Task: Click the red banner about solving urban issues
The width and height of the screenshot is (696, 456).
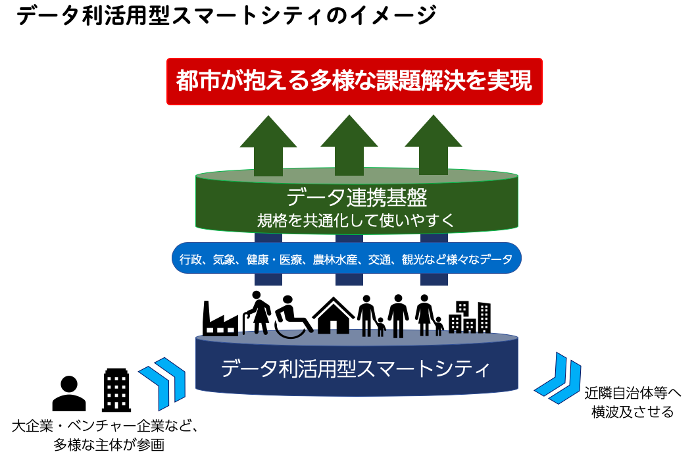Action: tap(354, 82)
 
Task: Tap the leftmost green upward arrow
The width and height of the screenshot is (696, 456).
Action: tap(268, 145)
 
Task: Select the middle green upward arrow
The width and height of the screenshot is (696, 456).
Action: tap(349, 145)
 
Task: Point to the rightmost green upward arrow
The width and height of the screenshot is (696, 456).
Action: tap(434, 145)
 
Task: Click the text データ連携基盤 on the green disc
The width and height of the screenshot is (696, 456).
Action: tap(357, 197)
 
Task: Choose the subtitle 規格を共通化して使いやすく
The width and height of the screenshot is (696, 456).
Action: tap(357, 220)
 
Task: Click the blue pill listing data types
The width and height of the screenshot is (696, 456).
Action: tap(346, 258)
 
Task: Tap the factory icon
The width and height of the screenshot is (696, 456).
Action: tap(220, 318)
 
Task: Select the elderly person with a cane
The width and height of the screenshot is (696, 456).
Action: tap(257, 313)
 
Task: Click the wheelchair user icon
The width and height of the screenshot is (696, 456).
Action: tap(293, 317)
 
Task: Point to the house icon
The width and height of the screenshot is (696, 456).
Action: tap(334, 315)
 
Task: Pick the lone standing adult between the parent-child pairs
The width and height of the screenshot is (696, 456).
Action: tap(398, 316)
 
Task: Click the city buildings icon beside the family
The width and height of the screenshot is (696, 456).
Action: tap(470, 317)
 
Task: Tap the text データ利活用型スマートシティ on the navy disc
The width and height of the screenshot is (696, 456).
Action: tap(355, 368)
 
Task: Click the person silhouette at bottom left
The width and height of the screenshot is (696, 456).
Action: tap(69, 393)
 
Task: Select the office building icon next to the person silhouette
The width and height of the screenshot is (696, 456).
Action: tap(116, 390)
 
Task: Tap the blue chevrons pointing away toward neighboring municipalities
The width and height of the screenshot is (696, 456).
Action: tap(557, 378)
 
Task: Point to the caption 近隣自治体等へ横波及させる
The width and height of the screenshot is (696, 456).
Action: tap(632, 402)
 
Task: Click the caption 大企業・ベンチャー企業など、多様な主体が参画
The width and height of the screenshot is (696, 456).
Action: tap(105, 435)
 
